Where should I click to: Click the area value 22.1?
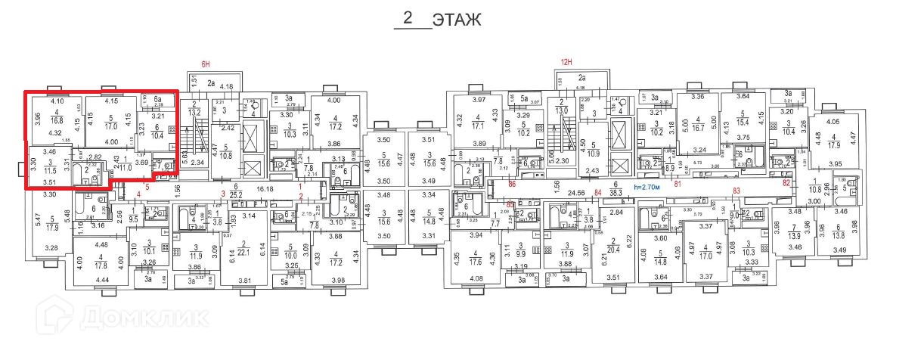[244, 252]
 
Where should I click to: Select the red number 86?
[512, 183]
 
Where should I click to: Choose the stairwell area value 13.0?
[561, 111]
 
